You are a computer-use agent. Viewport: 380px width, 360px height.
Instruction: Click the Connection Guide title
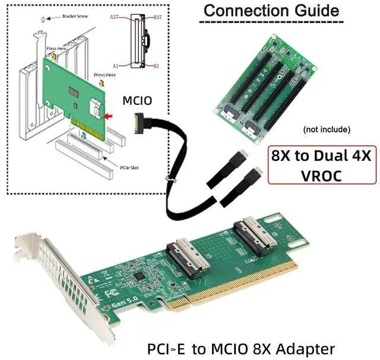[271, 10]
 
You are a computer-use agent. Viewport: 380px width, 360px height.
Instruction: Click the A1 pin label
[116, 66]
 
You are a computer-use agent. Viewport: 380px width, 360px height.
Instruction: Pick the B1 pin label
[156, 66]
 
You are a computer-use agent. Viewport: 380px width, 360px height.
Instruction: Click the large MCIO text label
[137, 101]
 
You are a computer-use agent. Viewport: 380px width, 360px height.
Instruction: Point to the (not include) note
[326, 129]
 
